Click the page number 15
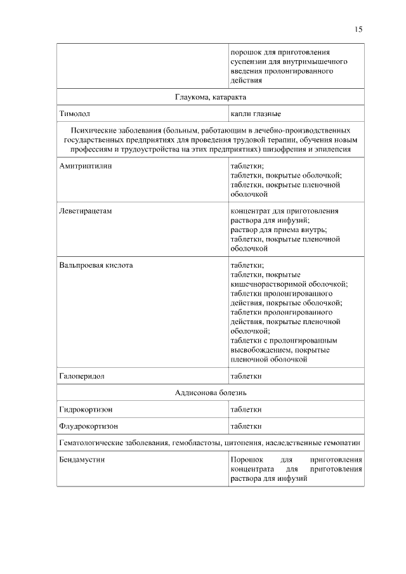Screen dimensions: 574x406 (358, 29)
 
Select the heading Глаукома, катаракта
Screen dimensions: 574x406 (211, 97)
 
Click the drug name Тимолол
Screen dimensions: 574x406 (75, 114)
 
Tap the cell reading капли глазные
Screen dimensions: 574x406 (256, 114)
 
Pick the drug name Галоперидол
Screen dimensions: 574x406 (82, 376)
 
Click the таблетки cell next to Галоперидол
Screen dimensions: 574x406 (246, 376)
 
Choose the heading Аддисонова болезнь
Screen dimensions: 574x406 (211, 393)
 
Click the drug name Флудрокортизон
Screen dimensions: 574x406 (89, 426)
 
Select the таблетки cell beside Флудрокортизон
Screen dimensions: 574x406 (246, 426)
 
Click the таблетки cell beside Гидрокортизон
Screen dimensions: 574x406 (246, 410)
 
